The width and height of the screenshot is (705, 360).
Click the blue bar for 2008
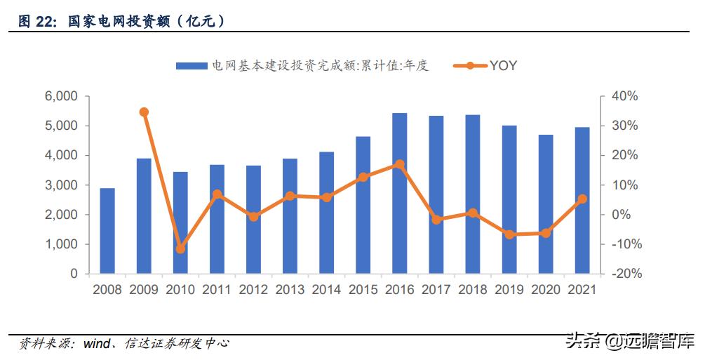pyautogui.click(x=107, y=231)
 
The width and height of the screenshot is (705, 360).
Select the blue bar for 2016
pyautogui.click(x=399, y=193)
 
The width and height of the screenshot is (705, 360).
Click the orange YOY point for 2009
pyautogui.click(x=144, y=112)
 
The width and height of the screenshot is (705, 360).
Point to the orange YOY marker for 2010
pyautogui.click(x=180, y=249)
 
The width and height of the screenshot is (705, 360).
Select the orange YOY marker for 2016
pyautogui.click(x=399, y=164)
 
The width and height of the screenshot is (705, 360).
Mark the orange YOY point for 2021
pyautogui.click(x=582, y=199)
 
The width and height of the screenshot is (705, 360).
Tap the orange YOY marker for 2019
pyautogui.click(x=509, y=234)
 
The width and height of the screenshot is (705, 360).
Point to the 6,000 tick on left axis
pyautogui.click(x=62, y=96)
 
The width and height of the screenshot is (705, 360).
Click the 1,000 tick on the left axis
pyautogui.click(x=62, y=244)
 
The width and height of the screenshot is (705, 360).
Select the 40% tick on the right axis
pyautogui.click(x=625, y=96)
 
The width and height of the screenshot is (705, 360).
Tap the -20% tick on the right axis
pyautogui.click(x=625, y=274)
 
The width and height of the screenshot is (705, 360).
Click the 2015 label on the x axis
pyautogui.click(x=363, y=289)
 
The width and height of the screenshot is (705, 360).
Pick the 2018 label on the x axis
pyautogui.click(x=472, y=289)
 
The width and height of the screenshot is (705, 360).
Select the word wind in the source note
pyautogui.click(x=97, y=344)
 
